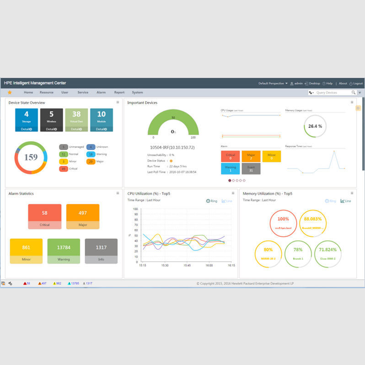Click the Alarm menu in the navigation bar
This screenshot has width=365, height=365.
[x=101, y=92]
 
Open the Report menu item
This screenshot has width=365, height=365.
[x=119, y=92]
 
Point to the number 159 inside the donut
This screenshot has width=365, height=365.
[x=31, y=157]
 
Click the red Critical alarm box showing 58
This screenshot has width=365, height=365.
[x=44, y=216]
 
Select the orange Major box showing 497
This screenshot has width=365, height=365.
[x=83, y=216]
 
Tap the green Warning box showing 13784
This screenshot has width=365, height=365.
[x=64, y=251]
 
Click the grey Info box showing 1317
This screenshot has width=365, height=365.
[x=101, y=251]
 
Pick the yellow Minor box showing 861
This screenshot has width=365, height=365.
[x=26, y=251]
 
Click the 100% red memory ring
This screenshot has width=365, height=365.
[x=283, y=223]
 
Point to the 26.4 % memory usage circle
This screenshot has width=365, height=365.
[x=315, y=126]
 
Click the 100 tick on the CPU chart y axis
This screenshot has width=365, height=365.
[x=135, y=209]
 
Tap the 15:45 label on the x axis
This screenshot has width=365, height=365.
[x=187, y=265]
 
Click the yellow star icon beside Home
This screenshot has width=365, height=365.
[x=10, y=92]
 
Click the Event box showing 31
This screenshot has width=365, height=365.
[x=251, y=168]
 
